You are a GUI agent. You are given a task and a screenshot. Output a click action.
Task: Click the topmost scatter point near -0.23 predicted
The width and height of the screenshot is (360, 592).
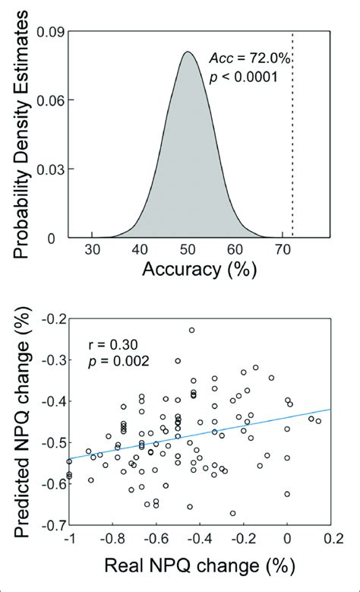point(192,330)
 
